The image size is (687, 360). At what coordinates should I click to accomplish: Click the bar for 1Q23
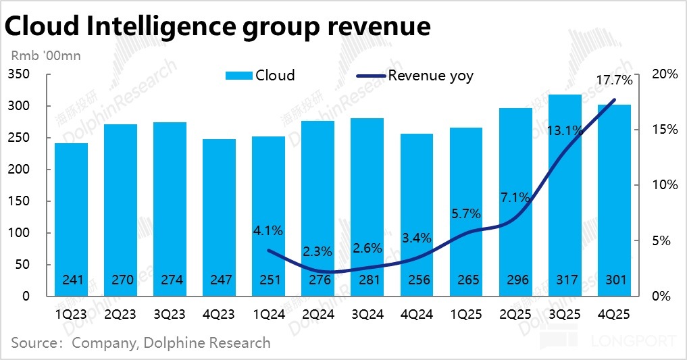pyautogui.click(x=71, y=220)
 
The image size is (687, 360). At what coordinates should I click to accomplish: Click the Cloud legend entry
pyautogui.click(x=260, y=76)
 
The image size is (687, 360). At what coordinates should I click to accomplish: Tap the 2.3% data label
pyautogui.click(x=317, y=252)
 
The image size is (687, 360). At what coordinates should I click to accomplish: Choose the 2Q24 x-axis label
pyautogui.click(x=317, y=315)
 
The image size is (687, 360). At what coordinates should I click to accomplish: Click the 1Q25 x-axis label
pyautogui.click(x=466, y=315)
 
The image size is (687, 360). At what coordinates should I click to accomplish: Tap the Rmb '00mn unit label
pyautogui.click(x=45, y=56)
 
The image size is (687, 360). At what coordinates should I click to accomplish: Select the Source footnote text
pyautogui.click(x=141, y=342)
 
